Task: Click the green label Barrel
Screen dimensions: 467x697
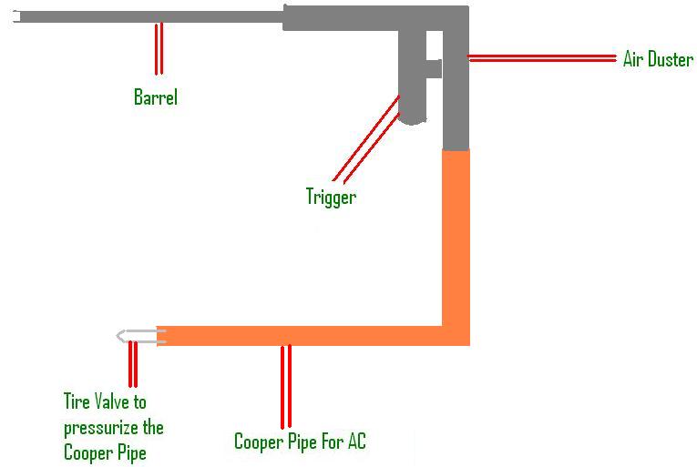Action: [156, 97]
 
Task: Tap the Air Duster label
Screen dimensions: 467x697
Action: [658, 60]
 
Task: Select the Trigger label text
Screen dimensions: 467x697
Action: [331, 196]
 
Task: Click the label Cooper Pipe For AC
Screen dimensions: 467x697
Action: [300, 442]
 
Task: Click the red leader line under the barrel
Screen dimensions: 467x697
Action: [159, 48]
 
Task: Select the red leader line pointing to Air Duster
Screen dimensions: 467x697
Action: [542, 58]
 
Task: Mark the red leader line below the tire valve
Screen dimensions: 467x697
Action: [133, 364]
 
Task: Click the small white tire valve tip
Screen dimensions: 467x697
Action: [137, 335]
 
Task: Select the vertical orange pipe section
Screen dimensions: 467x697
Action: [456, 237]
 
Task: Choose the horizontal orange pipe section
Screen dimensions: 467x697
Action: [301, 336]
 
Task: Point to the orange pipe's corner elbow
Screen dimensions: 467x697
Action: [456, 336]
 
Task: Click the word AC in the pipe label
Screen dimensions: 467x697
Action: [354, 442]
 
